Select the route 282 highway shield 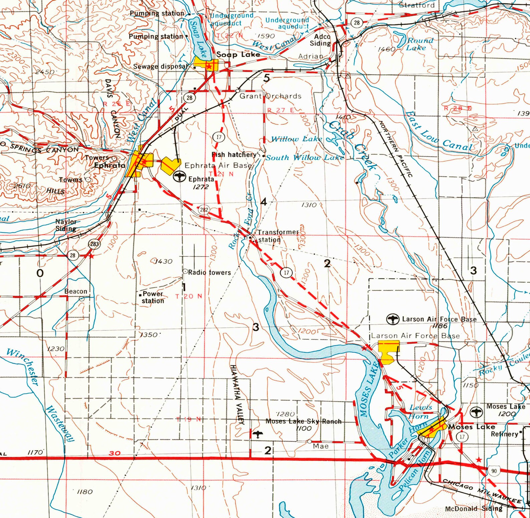pos(204,210)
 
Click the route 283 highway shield pos(94,244)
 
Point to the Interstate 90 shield pos(494,471)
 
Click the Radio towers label pos(209,273)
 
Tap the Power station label pos(153,297)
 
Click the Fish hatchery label pos(234,155)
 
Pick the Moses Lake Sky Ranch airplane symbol pos(258,435)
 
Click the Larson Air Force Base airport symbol pos(393,319)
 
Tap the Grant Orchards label pos(270,96)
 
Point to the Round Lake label pos(418,44)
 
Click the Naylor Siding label pos(66,225)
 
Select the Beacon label pos(76,291)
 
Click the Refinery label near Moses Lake pos(504,434)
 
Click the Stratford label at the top pos(417,5)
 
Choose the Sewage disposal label pos(160,66)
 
